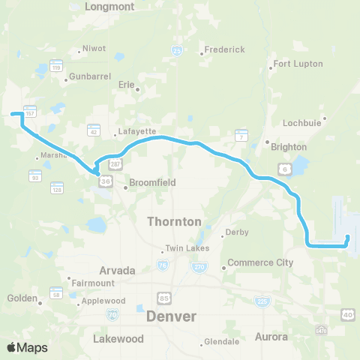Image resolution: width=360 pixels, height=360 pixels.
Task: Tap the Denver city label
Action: pos(172,316)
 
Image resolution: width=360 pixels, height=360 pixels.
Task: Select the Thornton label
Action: pos(174,222)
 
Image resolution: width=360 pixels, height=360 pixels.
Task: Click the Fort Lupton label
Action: pos(297,64)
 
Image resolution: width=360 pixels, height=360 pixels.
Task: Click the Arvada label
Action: pos(116,269)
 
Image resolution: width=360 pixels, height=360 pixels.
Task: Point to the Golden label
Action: pos(22,298)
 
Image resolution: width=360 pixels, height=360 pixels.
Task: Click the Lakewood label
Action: pos(118,338)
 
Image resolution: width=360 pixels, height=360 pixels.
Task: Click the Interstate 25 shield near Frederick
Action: pos(177,50)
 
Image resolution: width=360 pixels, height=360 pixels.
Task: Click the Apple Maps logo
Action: pos(28,347)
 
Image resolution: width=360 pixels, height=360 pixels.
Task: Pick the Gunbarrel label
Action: pos(90,77)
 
